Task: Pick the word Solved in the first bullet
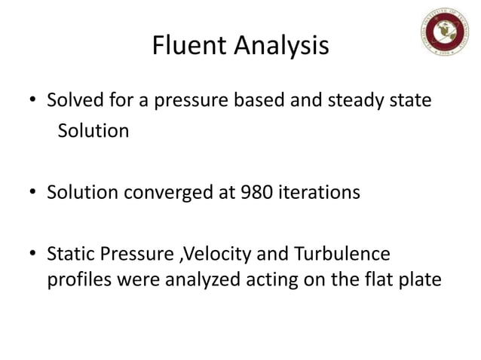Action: (71, 100)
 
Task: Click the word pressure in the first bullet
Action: (183, 100)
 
